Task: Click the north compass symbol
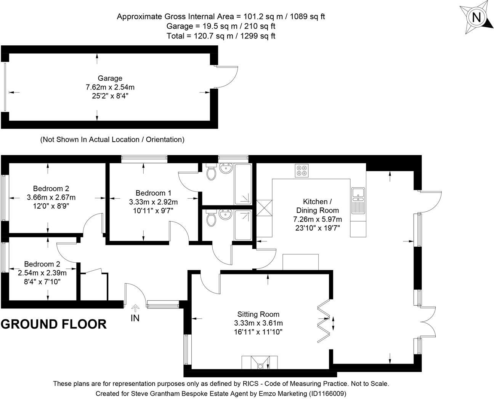point(476,18)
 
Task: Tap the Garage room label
point(110,78)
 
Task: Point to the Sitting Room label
point(258,314)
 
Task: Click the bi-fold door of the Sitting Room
point(324,318)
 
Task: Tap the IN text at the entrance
point(135,318)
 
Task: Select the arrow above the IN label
point(135,308)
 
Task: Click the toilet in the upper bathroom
point(211,172)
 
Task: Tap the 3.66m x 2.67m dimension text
point(51,198)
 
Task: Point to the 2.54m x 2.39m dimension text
point(42,273)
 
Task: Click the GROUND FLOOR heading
point(54,324)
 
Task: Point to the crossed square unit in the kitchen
point(265,208)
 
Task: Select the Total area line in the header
point(221,36)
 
